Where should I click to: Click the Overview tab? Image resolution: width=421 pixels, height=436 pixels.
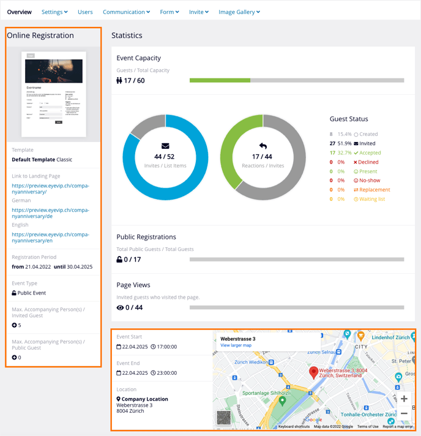(x=20, y=12)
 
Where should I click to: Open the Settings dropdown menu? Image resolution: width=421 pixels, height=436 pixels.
(x=54, y=12)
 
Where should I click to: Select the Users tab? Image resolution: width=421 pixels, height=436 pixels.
(x=85, y=12)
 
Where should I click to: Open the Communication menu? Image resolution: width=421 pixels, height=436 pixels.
(x=126, y=12)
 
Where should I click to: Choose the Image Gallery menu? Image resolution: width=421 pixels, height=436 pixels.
(x=239, y=12)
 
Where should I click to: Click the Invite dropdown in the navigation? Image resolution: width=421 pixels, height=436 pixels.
(x=199, y=12)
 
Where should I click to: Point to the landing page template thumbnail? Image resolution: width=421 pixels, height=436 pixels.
(x=54, y=94)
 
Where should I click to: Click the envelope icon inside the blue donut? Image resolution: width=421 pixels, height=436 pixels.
(x=165, y=146)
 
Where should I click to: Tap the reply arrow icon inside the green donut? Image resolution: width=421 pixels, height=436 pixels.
(x=263, y=146)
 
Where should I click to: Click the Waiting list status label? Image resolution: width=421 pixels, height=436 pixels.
(x=373, y=198)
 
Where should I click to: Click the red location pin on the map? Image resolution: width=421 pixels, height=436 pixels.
(x=313, y=372)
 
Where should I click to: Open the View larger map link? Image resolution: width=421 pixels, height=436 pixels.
(x=236, y=345)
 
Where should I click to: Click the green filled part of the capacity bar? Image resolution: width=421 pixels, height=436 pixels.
(x=220, y=80)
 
